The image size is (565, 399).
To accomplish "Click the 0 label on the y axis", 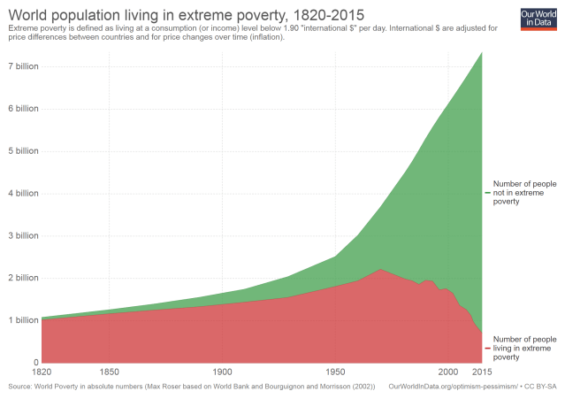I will [35, 363].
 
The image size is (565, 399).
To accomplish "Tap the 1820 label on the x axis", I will [42, 372].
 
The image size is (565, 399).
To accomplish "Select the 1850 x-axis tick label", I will [110, 372].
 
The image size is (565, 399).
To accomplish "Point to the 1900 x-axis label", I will [222, 372].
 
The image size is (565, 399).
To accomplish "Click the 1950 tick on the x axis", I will [334, 372].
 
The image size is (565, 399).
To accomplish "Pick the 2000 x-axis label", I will [447, 372].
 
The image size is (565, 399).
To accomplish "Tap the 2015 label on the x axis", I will [481, 372].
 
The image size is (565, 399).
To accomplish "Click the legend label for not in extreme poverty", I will [519, 193].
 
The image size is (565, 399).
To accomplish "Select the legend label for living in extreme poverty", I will [523, 348].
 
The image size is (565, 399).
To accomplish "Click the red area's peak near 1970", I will [379, 270].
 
